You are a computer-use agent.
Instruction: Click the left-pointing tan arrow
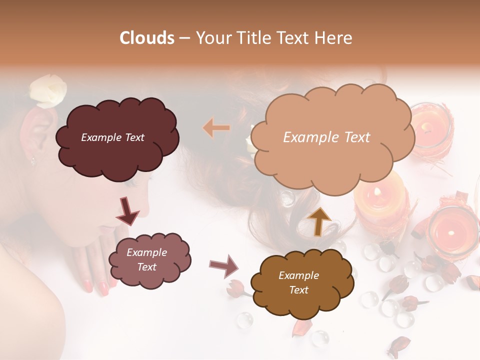click(x=216, y=128)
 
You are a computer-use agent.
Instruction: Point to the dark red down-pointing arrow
click(x=128, y=210)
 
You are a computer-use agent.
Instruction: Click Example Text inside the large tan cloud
click(x=326, y=137)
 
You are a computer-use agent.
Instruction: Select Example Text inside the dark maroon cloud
click(x=112, y=137)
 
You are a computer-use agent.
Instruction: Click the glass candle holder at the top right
click(x=431, y=125)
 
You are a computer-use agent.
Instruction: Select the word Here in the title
click(x=334, y=38)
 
